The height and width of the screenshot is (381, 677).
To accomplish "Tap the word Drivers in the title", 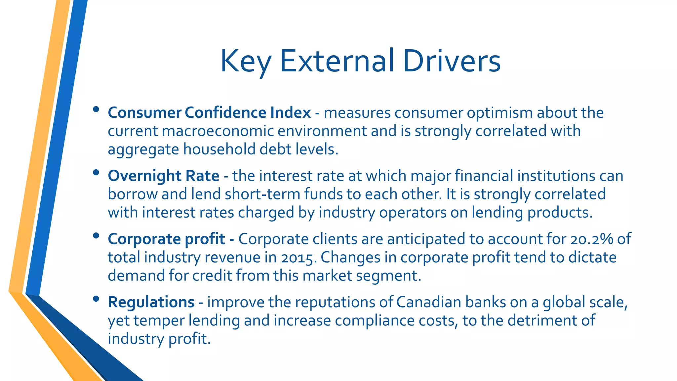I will point(452,61).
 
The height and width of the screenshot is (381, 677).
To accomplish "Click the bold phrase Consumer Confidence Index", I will point(209,113).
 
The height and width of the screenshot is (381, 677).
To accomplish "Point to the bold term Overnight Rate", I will point(163,176).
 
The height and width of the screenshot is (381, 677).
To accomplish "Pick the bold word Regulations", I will point(151,302).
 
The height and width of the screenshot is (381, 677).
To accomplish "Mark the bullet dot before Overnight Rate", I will point(96,172).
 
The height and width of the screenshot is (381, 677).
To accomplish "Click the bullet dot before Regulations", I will point(96,299).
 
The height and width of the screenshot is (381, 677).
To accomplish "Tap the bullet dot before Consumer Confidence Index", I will point(96,109).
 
